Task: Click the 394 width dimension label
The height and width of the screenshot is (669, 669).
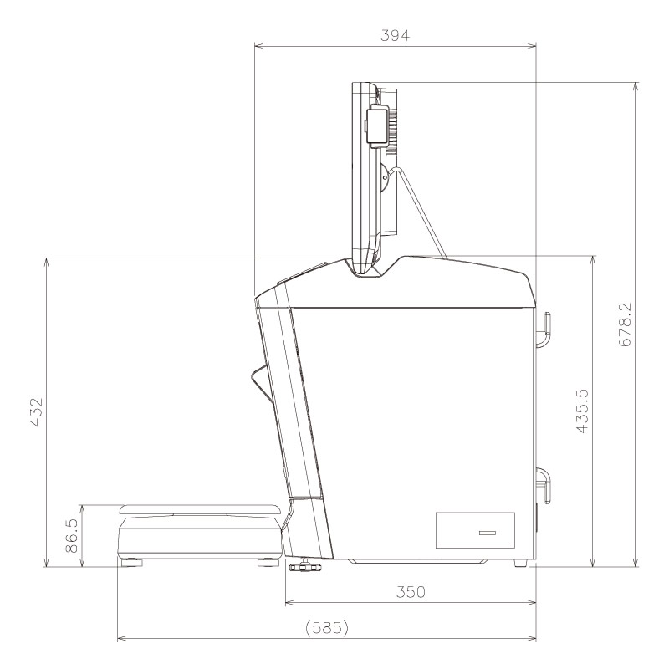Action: coord(395,34)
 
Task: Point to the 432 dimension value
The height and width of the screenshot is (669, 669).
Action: coord(35,411)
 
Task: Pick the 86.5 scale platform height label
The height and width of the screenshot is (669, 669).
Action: coord(73,536)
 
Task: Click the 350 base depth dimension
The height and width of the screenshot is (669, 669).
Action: coord(410,592)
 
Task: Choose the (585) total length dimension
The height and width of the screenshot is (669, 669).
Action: coord(326,627)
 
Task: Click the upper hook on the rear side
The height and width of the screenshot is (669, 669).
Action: coord(544,329)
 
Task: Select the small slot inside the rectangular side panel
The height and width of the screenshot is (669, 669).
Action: coord(486,533)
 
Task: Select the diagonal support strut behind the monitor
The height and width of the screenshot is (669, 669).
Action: coord(422,209)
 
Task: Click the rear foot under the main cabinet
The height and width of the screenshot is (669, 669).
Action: coord(521,564)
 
